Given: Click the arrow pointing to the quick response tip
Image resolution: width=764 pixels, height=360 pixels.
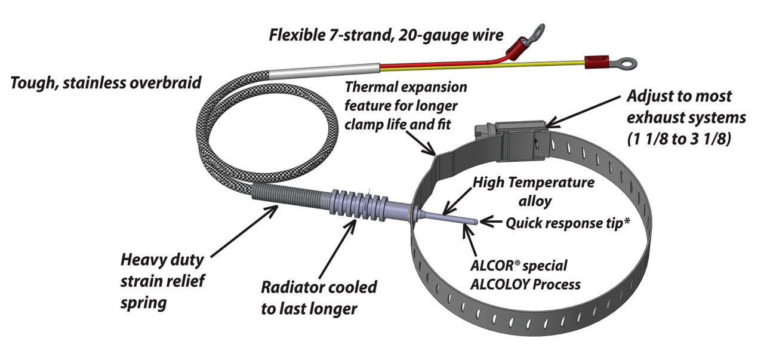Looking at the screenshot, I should pyautogui.click(x=491, y=222).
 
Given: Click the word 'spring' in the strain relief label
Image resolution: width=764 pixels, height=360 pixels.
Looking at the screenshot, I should pyautogui.click(x=143, y=303).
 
